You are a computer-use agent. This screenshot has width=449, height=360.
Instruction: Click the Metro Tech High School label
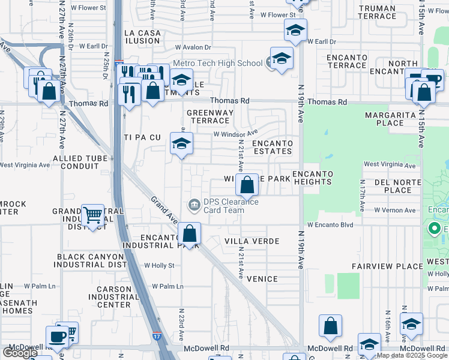coord(217,63)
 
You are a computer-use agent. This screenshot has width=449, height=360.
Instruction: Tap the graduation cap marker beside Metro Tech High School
coord(280,59)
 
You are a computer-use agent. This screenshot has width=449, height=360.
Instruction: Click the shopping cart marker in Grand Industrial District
coord(92,214)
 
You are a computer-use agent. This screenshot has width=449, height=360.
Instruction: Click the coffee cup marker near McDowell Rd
coord(58,337)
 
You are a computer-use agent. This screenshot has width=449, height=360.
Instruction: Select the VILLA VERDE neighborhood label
coord(252,241)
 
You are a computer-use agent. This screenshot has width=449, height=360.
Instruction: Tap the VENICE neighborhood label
coord(262,279)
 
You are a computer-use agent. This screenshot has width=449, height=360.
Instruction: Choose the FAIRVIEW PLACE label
coord(396,266)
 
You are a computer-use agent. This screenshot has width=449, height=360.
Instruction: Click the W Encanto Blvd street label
coord(330,225)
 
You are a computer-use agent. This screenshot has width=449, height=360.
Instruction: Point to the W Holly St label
coord(159,265)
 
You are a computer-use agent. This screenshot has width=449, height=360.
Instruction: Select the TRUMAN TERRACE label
coord(376,12)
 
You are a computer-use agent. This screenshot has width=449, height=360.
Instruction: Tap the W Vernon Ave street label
coord(395,210)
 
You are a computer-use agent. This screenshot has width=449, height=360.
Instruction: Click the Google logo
coord(20,352)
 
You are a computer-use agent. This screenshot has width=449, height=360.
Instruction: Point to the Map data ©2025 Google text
coord(412,355)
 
